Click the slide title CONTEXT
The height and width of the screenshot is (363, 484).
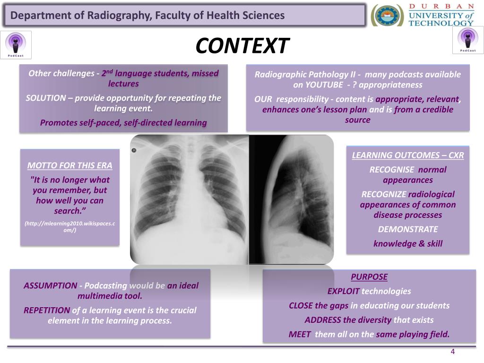[x=242, y=46]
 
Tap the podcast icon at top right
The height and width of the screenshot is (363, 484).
[x=468, y=40]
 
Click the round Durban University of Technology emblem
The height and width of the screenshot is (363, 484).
[x=387, y=15]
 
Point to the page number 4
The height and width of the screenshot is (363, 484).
[x=452, y=351]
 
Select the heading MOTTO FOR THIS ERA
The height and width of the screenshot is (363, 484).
[x=69, y=165]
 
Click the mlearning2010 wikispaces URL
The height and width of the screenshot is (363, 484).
[x=69, y=226]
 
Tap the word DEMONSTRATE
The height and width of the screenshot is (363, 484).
[x=408, y=230]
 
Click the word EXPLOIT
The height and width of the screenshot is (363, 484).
[x=343, y=291]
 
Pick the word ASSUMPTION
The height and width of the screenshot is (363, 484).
[x=50, y=285]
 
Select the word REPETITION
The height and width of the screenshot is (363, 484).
[x=47, y=311]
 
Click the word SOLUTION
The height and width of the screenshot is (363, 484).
[x=45, y=98]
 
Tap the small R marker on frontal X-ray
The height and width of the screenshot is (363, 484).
[x=134, y=151]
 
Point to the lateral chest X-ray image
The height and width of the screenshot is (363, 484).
[x=291, y=199]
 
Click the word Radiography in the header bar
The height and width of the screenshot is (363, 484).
[x=119, y=16]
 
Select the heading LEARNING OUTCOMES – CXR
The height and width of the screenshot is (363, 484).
[x=408, y=156]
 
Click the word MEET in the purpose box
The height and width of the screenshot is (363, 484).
[x=300, y=335]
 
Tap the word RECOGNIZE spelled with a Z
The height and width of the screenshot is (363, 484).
[x=383, y=194]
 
